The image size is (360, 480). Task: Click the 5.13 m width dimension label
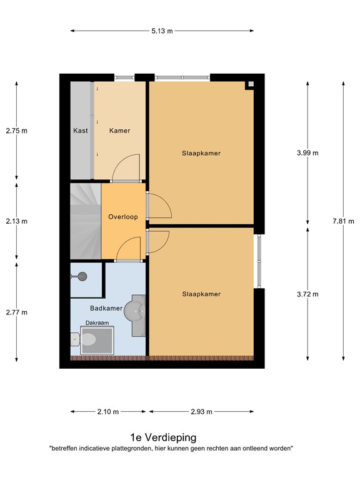(162, 31)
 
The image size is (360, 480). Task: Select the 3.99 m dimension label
(307, 152)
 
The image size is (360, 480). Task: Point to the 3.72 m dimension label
(307, 294)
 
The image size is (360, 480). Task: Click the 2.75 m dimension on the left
(17, 131)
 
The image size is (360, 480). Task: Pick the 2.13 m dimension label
(17, 221)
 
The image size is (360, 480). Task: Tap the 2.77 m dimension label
(17, 312)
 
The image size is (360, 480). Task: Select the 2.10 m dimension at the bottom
(107, 412)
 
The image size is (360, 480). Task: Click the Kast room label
(80, 131)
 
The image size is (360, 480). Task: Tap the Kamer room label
(119, 131)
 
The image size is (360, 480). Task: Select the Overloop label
(122, 217)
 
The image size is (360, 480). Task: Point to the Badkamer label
(106, 308)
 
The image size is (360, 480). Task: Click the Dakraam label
(97, 323)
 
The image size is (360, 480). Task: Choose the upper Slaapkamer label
(201, 153)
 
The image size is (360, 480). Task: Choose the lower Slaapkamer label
(201, 294)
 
